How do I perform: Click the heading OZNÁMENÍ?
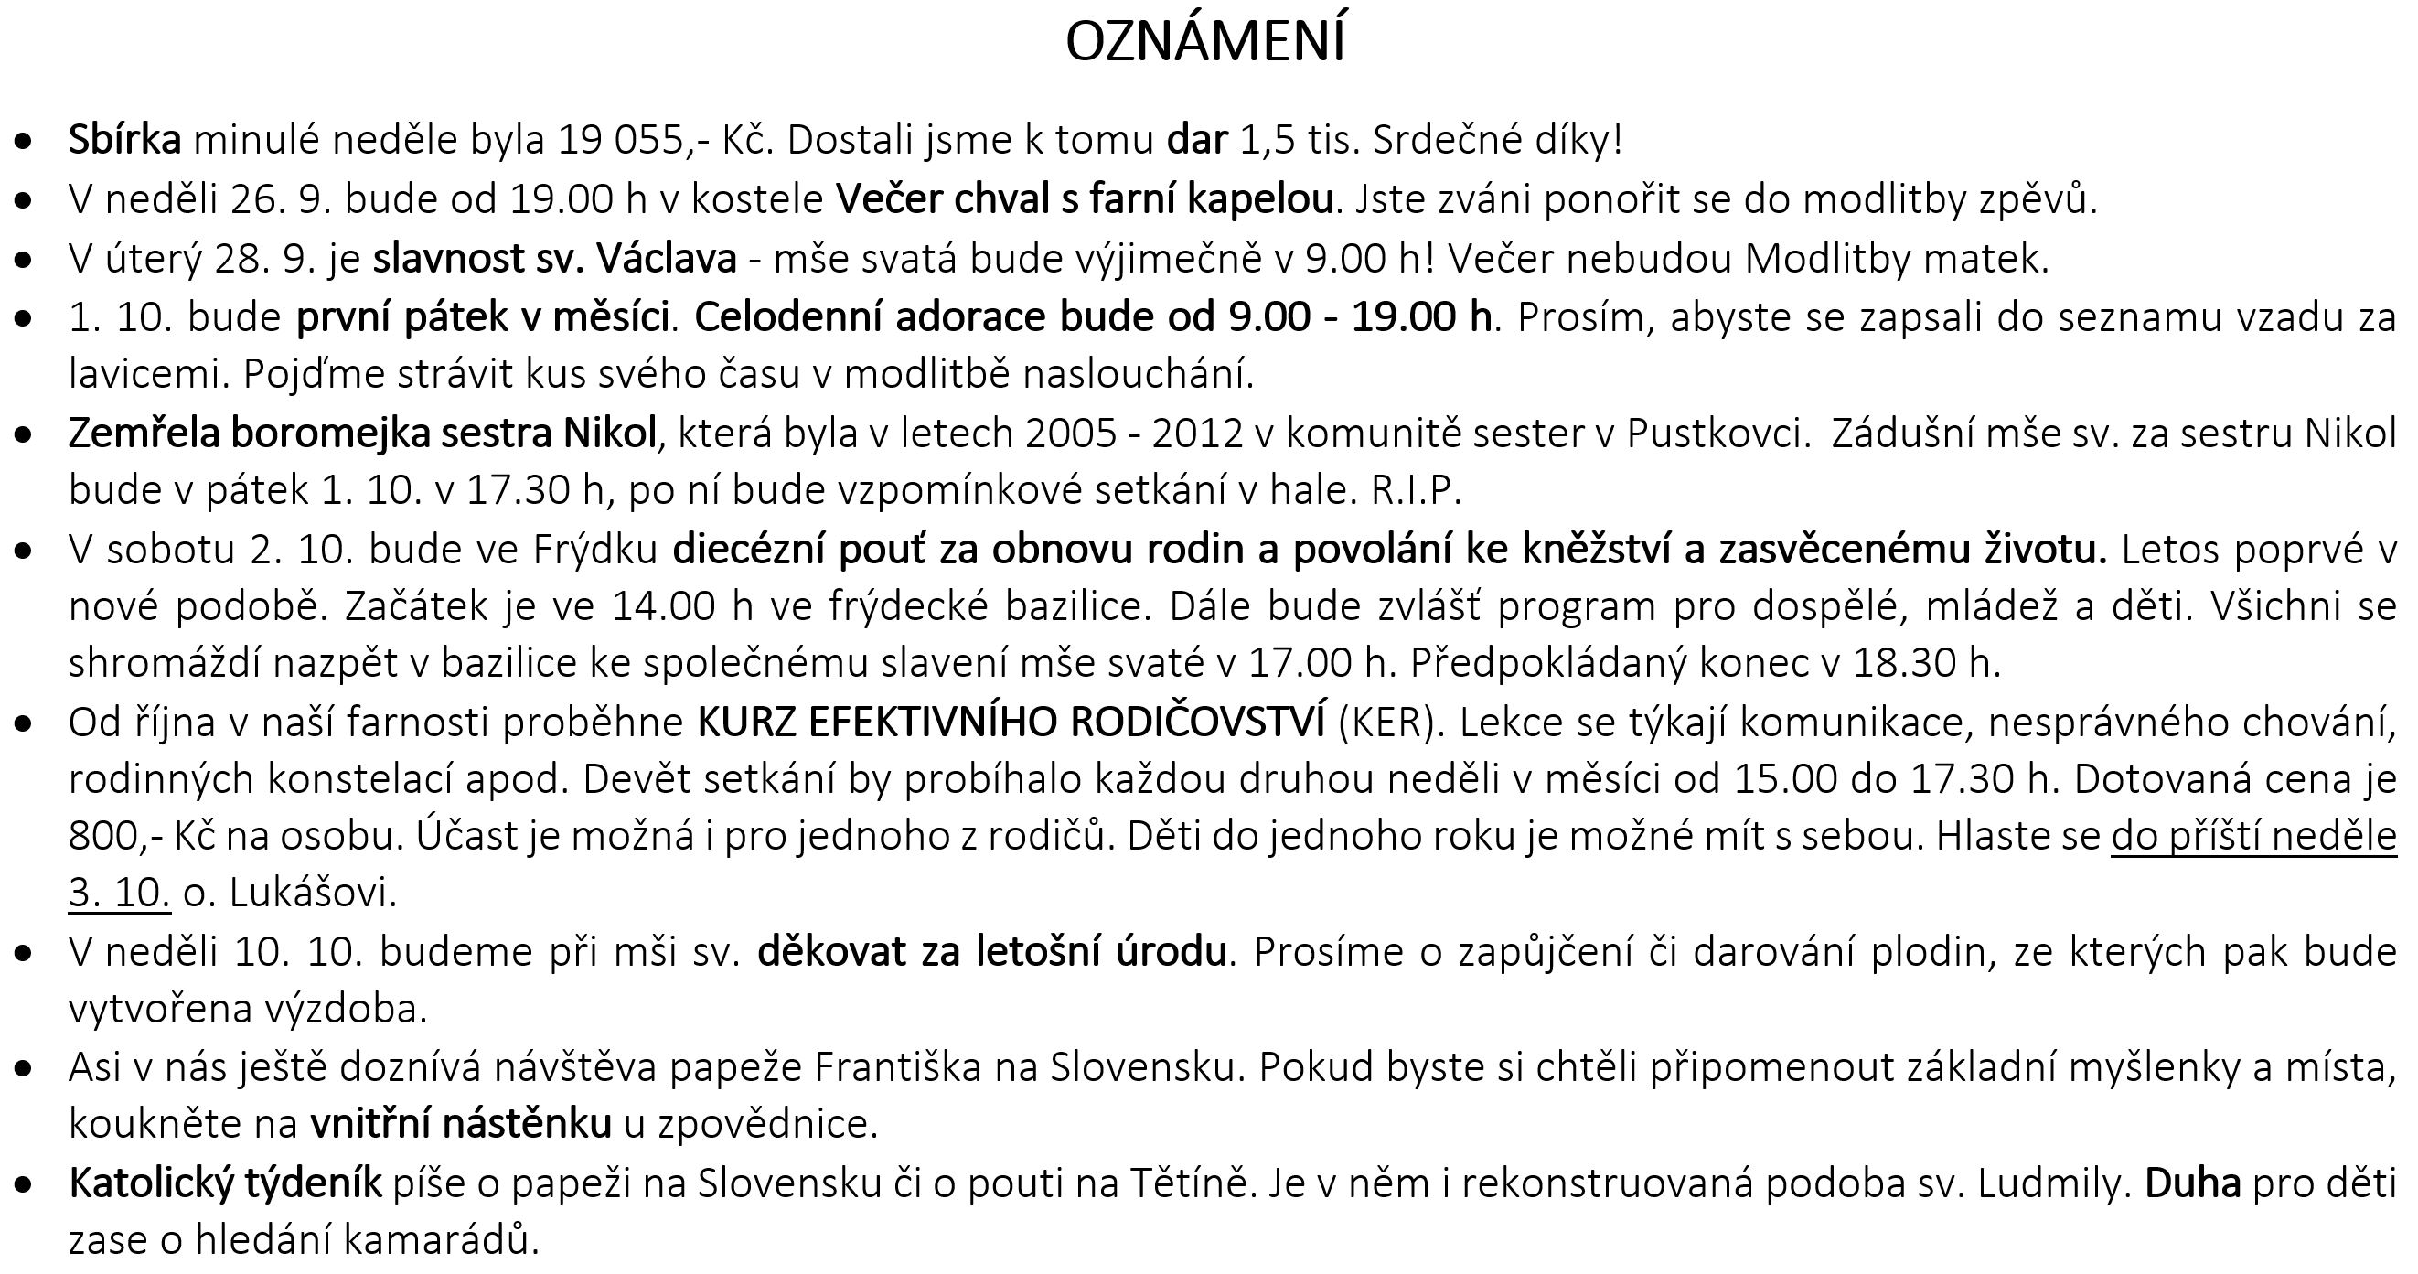coord(1205,43)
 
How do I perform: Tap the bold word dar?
coord(1197,141)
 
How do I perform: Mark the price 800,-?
coord(107,837)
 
